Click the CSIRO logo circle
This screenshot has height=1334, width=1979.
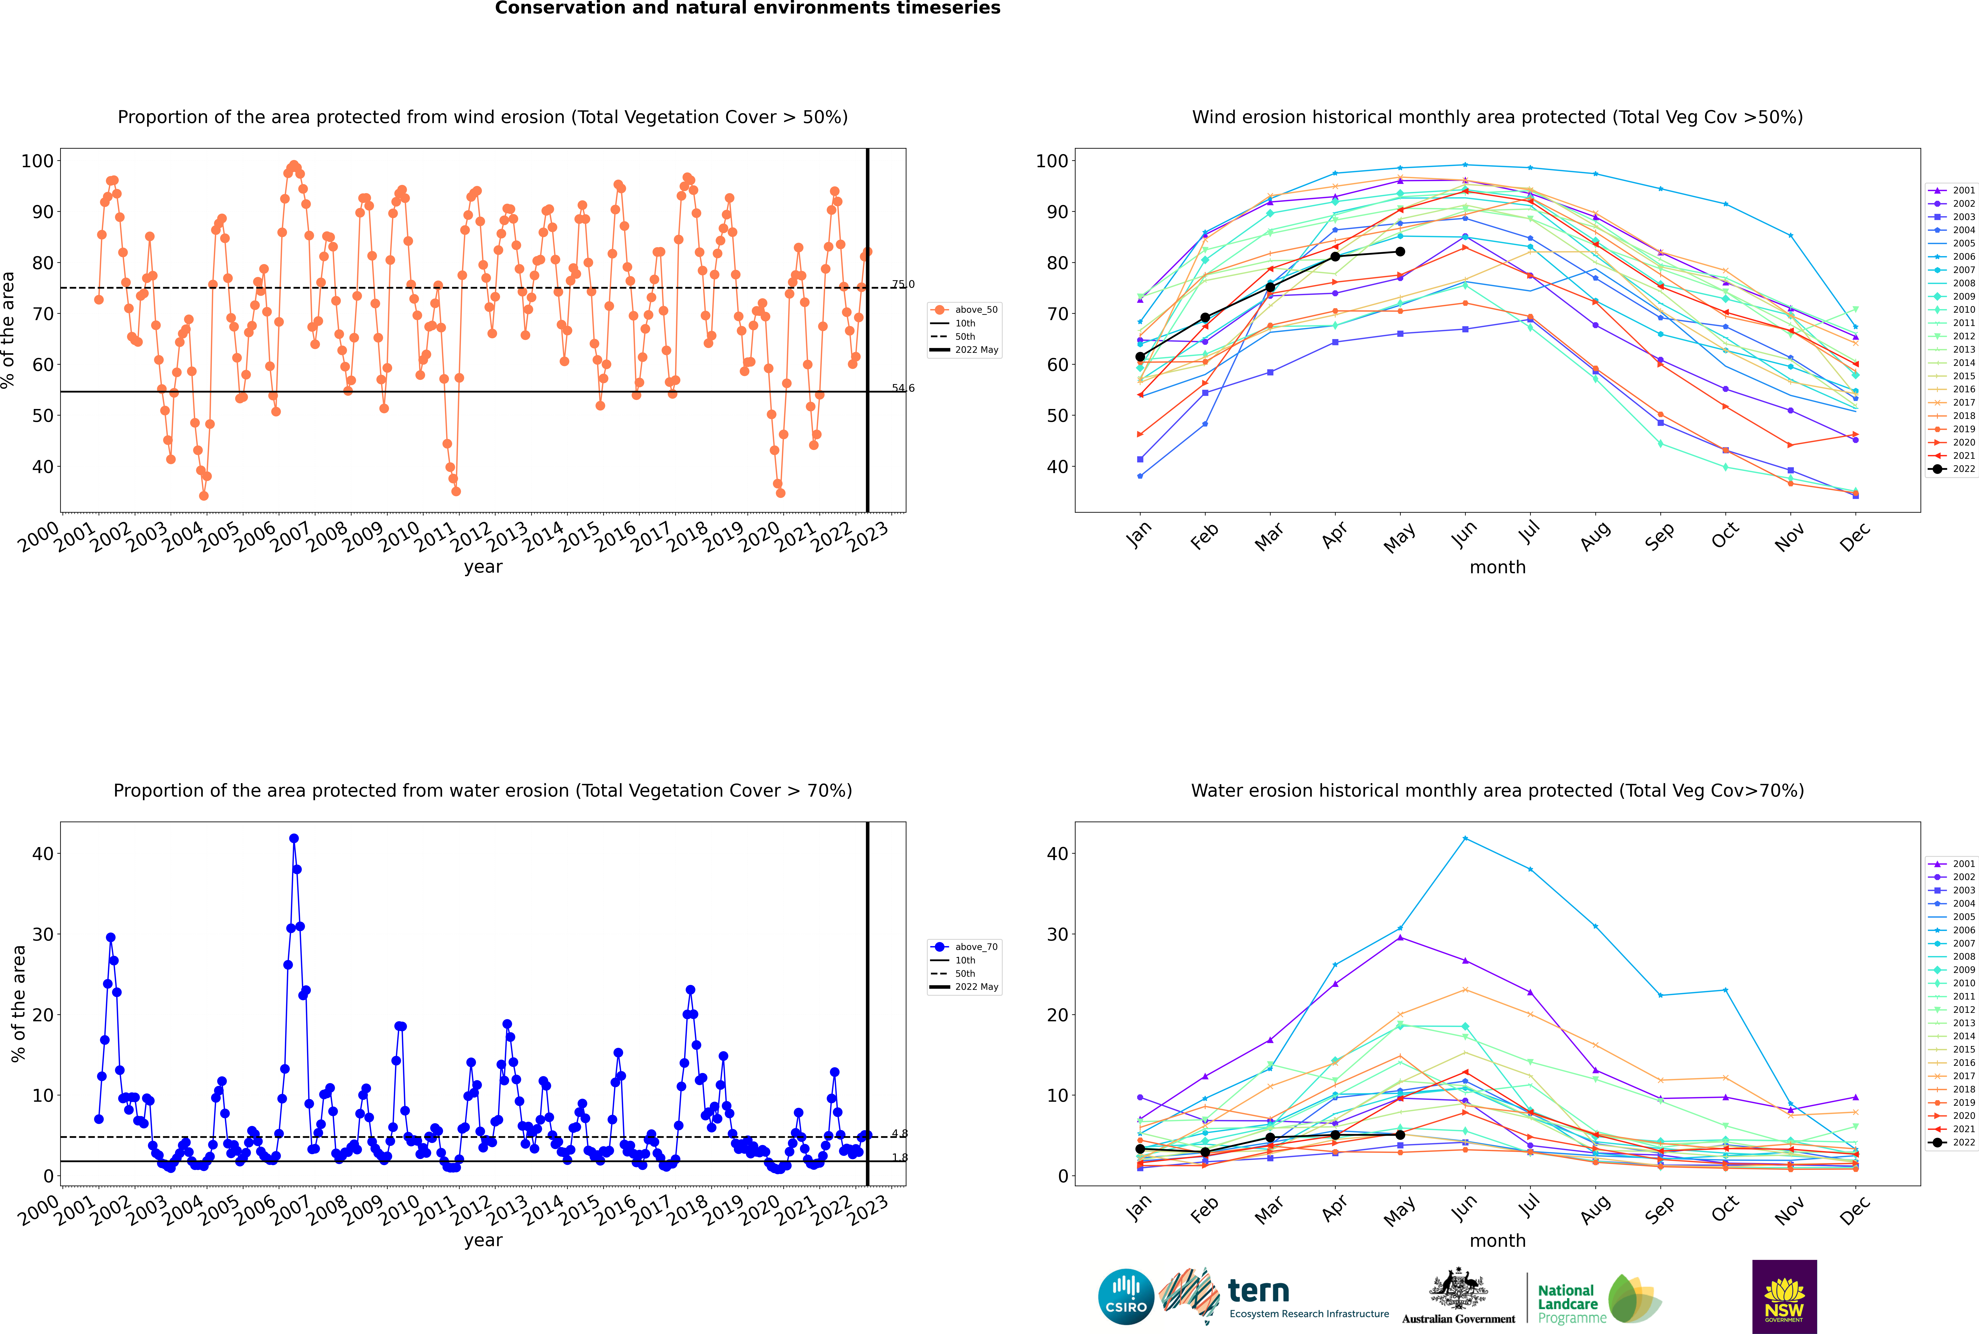1126,1297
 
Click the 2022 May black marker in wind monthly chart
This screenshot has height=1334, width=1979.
1400,252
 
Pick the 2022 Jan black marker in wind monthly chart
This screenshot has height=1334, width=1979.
1140,356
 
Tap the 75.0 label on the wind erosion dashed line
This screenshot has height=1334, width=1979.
903,284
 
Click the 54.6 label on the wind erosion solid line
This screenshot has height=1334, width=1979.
903,388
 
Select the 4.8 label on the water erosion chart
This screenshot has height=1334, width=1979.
899,1133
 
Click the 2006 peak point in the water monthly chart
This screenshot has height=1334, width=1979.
1464,838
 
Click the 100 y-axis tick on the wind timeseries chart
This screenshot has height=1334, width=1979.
37,161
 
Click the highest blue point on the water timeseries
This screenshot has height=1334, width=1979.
293,838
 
